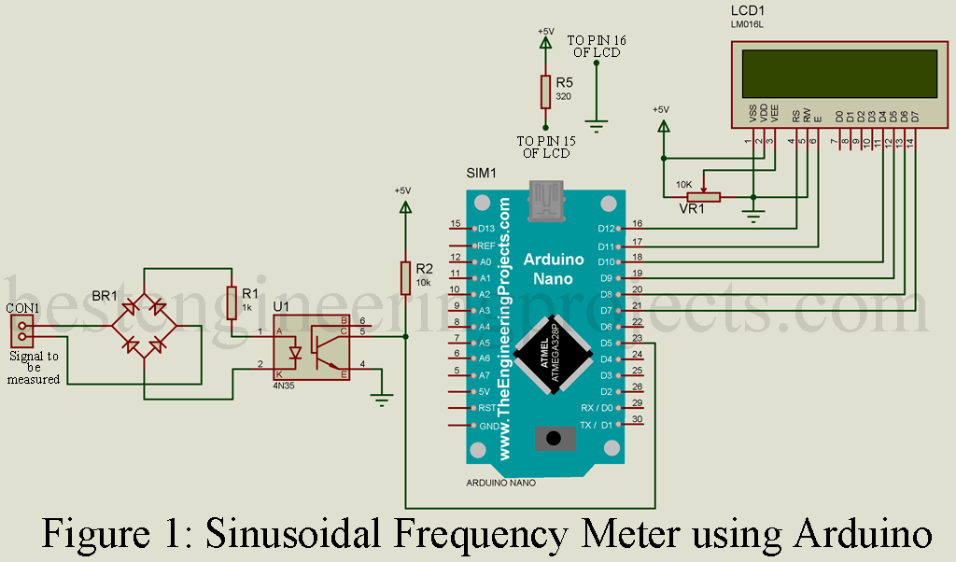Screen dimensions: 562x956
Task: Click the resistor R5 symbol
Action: (x=545, y=91)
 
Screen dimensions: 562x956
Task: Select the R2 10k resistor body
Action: (x=405, y=277)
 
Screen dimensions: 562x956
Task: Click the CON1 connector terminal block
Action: (x=22, y=330)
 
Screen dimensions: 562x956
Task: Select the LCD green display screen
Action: (x=839, y=74)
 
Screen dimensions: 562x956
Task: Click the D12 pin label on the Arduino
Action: (x=607, y=229)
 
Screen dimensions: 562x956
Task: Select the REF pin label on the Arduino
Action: (x=485, y=246)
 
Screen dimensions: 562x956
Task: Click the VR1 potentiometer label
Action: (x=692, y=209)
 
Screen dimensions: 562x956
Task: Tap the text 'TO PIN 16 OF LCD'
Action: (x=597, y=46)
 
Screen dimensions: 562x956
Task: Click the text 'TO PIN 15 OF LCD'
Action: (x=546, y=147)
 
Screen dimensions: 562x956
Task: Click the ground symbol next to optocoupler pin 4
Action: (x=381, y=399)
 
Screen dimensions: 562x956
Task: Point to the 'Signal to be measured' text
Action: (x=34, y=367)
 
